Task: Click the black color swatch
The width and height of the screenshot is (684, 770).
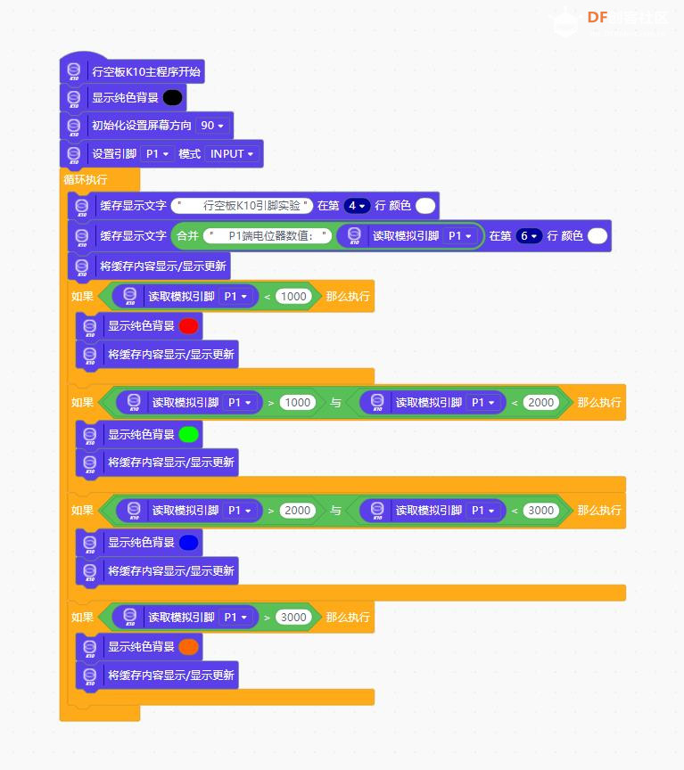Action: tap(172, 97)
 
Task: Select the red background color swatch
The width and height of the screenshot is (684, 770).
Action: tap(189, 325)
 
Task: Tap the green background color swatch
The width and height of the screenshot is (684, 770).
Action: tap(189, 434)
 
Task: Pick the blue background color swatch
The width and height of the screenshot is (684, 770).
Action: tap(189, 542)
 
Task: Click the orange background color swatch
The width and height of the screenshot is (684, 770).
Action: tap(189, 646)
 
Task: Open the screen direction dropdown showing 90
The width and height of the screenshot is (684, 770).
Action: tap(211, 126)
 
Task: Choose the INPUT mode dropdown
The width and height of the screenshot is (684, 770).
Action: tap(232, 153)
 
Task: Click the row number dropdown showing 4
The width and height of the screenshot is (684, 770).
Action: tap(357, 206)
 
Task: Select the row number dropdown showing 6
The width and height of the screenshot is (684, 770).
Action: tap(529, 236)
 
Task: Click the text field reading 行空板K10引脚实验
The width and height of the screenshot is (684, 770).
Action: tap(242, 206)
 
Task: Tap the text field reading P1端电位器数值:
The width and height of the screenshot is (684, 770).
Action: tap(268, 236)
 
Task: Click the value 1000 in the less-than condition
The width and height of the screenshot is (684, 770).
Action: tap(293, 296)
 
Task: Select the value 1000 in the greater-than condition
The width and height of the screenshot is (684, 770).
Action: tap(297, 403)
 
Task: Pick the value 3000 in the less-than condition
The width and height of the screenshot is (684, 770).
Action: tap(540, 511)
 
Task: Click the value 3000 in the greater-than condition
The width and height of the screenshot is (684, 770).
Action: tap(293, 618)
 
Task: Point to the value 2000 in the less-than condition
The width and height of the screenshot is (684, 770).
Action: tap(540, 403)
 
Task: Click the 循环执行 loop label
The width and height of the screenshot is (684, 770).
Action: tap(85, 180)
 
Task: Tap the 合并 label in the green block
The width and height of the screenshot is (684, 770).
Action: tap(187, 236)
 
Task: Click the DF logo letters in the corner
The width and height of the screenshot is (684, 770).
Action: tap(597, 18)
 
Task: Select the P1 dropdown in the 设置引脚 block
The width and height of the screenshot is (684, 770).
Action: tap(157, 153)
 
